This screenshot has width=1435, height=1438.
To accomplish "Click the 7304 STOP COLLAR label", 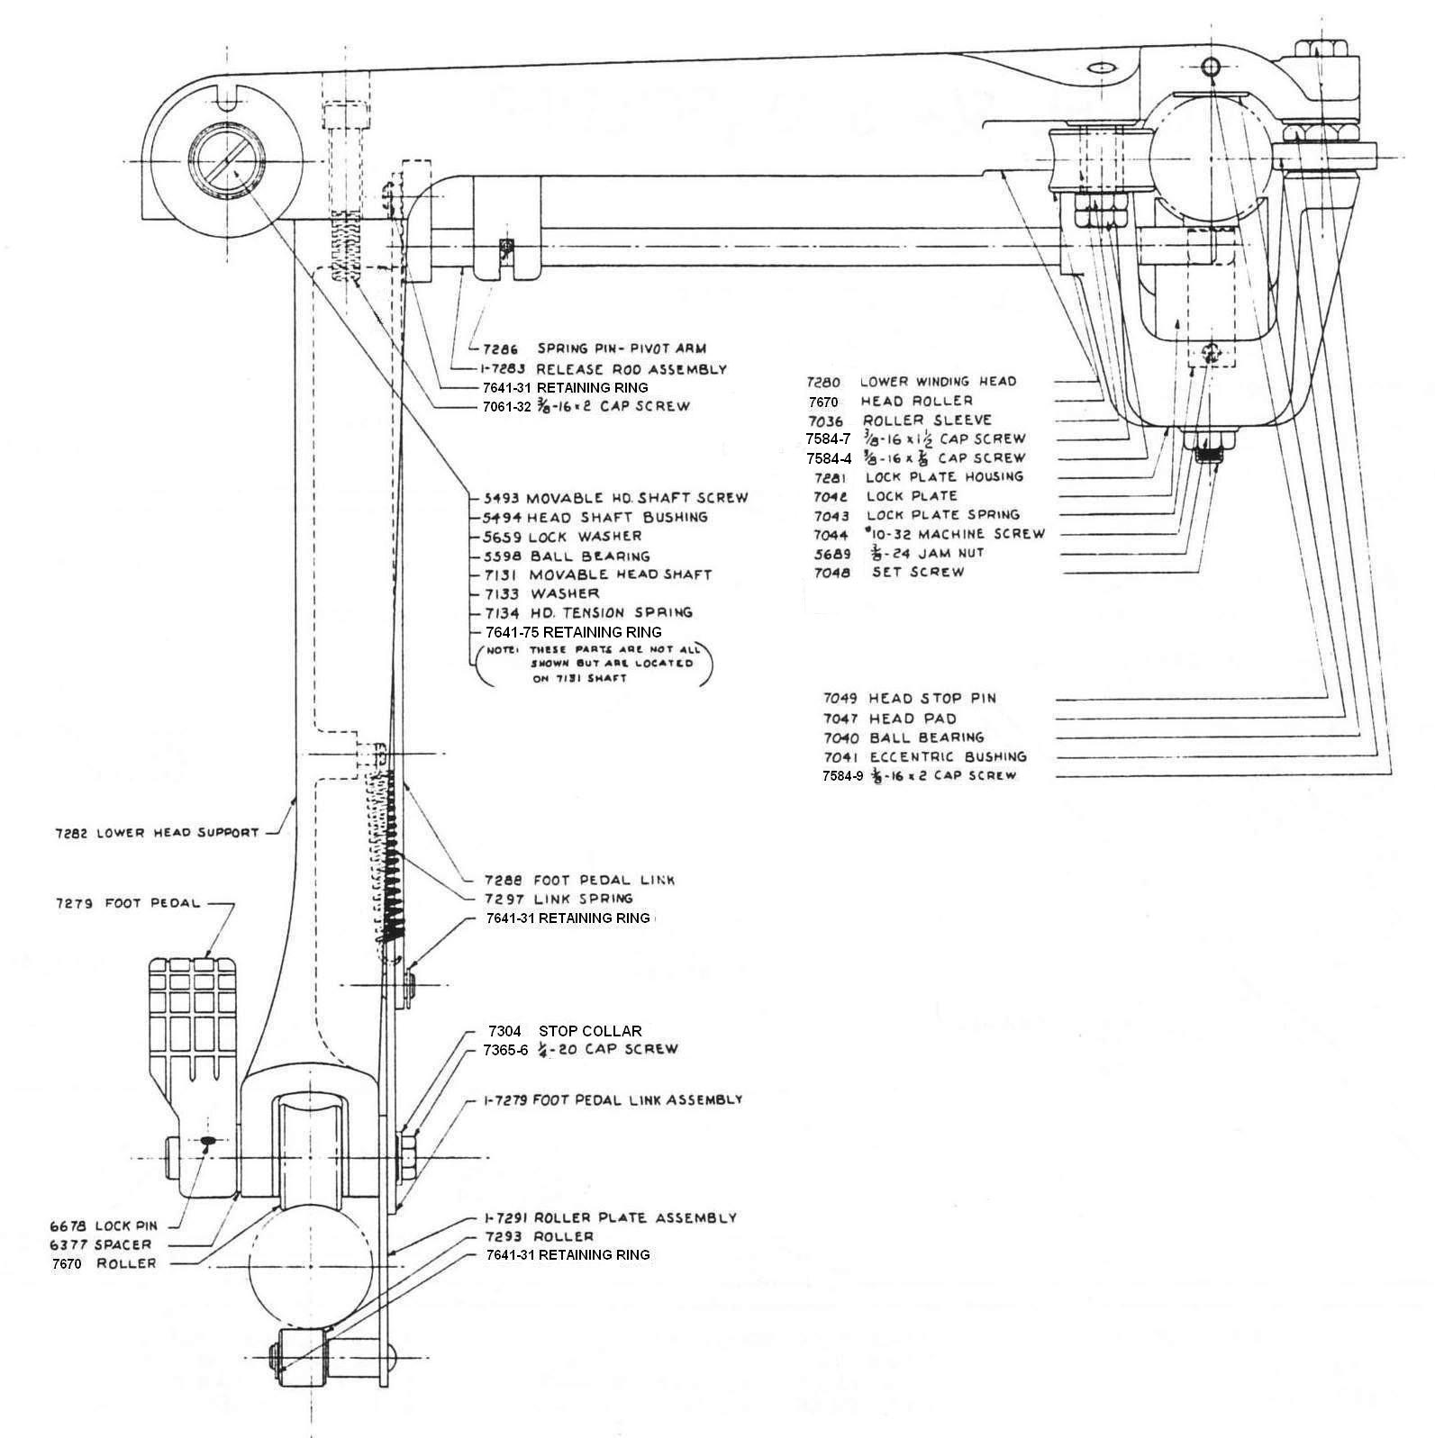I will (565, 1031).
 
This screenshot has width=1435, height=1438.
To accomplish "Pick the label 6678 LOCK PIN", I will (103, 1226).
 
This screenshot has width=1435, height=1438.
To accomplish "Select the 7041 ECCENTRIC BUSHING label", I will (924, 757).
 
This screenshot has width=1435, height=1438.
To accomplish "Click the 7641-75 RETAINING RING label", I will (573, 632).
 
